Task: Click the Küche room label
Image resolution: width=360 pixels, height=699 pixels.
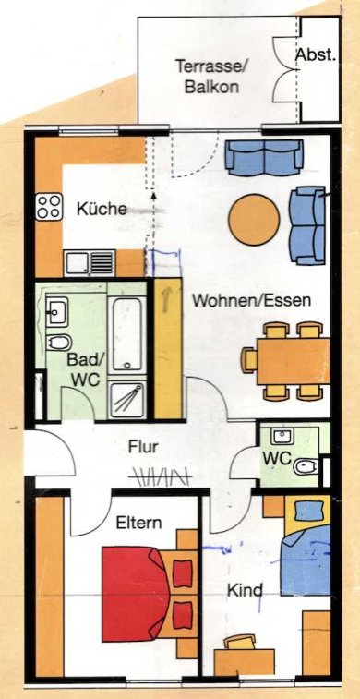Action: tap(102, 209)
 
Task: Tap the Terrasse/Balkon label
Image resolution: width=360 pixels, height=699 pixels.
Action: tap(211, 77)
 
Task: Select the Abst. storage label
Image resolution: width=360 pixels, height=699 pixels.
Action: tap(316, 55)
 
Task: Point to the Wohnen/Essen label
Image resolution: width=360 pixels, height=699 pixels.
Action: tap(251, 300)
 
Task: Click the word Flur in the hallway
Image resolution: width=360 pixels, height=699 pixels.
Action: tap(143, 446)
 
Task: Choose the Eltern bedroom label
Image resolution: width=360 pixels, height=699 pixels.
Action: tap(139, 523)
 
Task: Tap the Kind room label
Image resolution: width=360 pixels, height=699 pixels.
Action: tap(245, 591)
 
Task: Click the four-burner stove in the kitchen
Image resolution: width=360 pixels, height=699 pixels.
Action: tap(49, 207)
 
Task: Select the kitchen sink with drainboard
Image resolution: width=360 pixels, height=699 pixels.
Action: tap(90, 263)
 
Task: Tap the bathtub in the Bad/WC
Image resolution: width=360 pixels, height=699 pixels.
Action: tap(127, 332)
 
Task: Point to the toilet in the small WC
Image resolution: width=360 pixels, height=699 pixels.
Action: tap(306, 466)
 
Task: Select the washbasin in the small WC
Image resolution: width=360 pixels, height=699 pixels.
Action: tap(282, 437)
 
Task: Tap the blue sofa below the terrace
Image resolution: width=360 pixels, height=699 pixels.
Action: tap(264, 156)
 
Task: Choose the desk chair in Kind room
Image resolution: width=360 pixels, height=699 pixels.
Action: tap(240, 643)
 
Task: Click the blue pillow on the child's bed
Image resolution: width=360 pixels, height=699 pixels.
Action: tap(308, 509)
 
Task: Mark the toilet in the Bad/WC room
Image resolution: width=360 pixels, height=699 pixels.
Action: tap(58, 343)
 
